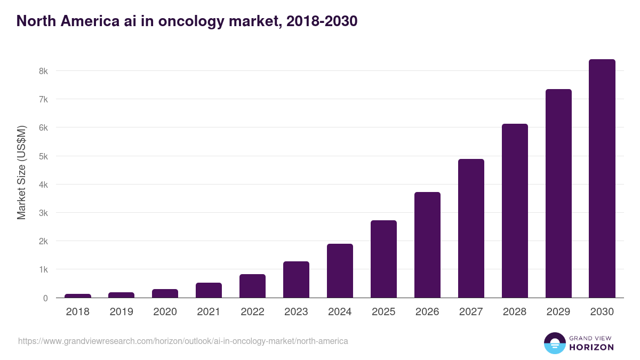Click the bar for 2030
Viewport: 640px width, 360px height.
point(602,179)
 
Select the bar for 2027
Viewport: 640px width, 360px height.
point(471,228)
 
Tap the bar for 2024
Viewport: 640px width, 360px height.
point(340,271)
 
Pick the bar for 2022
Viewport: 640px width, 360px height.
point(252,286)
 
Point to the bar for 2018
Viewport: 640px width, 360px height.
point(78,295)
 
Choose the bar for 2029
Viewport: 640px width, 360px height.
point(558,194)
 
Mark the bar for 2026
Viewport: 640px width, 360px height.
point(427,245)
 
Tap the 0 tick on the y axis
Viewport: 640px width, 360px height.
point(46,298)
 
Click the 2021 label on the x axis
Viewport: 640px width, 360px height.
point(209,312)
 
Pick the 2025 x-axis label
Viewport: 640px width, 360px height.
point(383,312)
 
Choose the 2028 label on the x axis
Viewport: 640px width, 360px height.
point(515,312)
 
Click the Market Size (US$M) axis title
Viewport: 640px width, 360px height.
point(21,172)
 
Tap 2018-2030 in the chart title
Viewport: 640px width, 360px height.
point(322,21)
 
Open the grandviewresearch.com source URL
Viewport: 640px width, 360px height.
point(183,341)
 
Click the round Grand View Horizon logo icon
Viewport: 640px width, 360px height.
point(554,343)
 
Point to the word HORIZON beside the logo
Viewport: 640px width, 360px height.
point(591,347)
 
